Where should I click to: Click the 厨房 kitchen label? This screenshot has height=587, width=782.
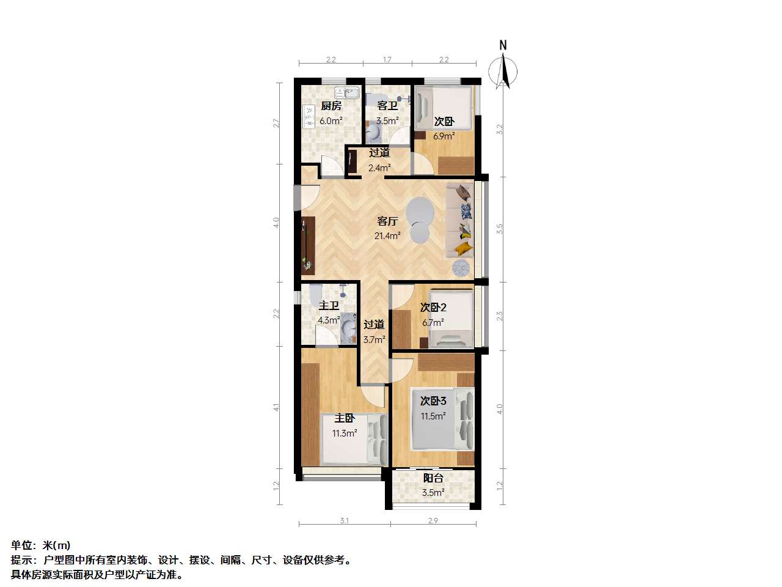click(331, 106)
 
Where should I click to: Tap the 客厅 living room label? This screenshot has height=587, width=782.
click(387, 221)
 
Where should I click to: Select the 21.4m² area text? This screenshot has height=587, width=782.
click(387, 235)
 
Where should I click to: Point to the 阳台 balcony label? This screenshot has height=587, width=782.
click(433, 478)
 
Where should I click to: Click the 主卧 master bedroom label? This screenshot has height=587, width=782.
click(345, 418)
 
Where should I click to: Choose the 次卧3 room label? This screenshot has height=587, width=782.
click(433, 401)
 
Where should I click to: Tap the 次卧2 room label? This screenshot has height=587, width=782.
click(433, 307)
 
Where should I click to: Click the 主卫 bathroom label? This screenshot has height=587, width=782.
click(329, 306)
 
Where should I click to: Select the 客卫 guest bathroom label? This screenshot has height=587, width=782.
click(387, 106)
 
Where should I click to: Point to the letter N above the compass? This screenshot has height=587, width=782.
click(503, 45)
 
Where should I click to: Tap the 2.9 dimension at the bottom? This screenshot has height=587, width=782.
click(433, 521)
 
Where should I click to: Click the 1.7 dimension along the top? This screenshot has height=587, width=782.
click(387, 59)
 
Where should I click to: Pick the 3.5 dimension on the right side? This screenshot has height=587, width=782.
click(500, 229)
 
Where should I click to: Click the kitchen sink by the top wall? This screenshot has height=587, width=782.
click(97, 93)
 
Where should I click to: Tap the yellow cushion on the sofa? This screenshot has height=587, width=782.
click(464, 248)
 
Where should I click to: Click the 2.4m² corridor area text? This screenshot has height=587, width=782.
click(379, 168)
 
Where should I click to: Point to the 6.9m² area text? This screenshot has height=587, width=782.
click(444, 136)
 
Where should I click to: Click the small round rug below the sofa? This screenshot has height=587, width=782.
click(461, 268)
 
